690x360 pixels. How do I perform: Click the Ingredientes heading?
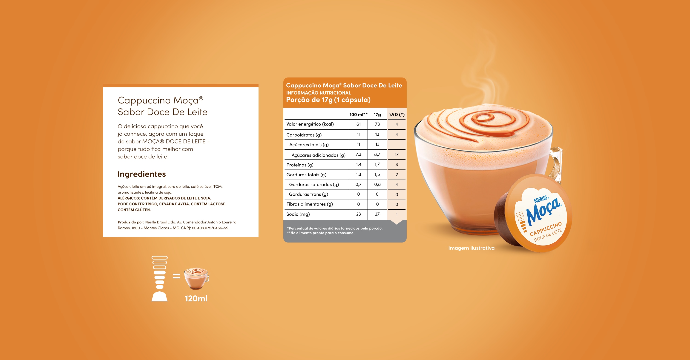(x=142, y=174)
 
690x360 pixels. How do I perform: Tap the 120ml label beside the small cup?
(x=196, y=298)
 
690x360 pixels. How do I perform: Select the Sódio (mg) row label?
(x=298, y=214)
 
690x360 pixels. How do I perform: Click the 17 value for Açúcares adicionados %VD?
(x=397, y=154)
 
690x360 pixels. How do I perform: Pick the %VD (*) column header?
(x=397, y=114)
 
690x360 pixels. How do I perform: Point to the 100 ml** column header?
(x=358, y=114)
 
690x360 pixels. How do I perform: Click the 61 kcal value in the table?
(x=358, y=124)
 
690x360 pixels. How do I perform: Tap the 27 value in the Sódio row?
(x=377, y=214)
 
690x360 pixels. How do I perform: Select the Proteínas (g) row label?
(x=300, y=165)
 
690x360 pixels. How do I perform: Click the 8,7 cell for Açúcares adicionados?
(x=377, y=154)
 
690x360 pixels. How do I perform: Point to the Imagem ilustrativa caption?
(x=471, y=248)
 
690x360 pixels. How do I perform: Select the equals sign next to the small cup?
(x=176, y=276)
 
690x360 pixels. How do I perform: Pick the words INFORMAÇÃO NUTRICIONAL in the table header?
(x=319, y=93)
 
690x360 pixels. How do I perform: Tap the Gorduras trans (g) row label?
(x=308, y=194)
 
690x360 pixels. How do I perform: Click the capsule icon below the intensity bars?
(x=160, y=296)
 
